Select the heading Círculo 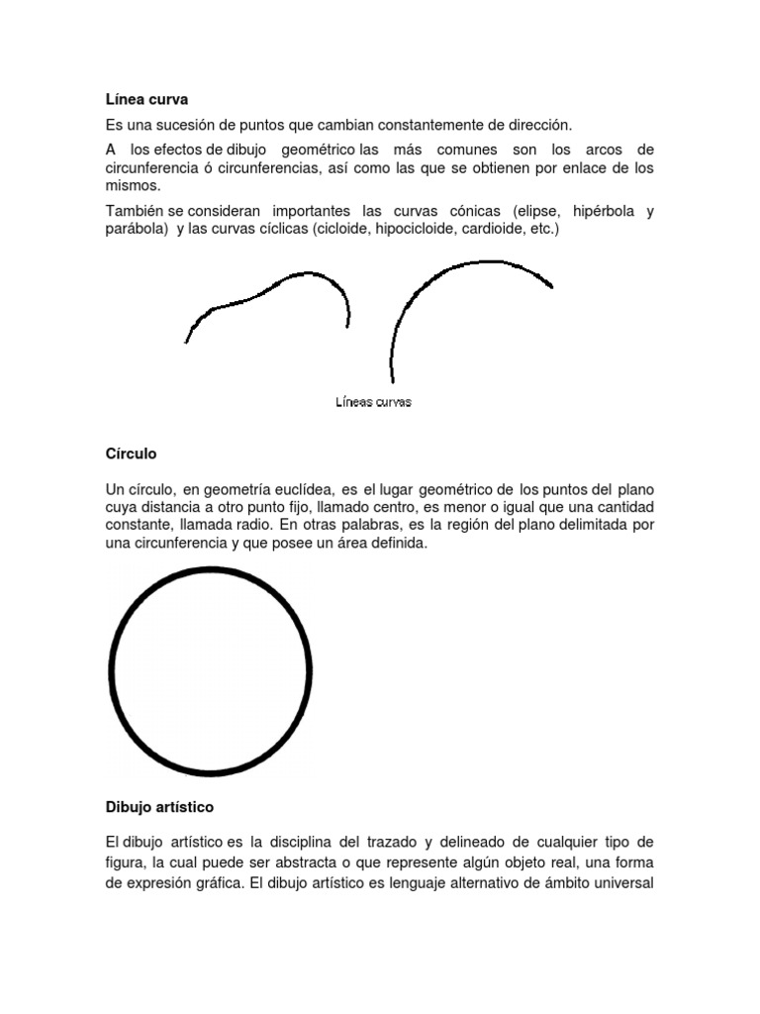131,454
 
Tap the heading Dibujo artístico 159,807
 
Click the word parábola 136,229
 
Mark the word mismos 131,185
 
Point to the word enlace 573,168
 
